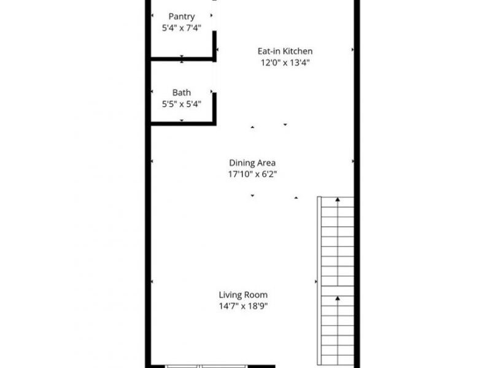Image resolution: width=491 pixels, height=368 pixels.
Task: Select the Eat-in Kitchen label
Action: click(285, 51)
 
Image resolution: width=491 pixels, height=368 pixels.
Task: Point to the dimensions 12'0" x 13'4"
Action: click(285, 63)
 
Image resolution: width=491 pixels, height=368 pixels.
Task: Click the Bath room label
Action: click(181, 93)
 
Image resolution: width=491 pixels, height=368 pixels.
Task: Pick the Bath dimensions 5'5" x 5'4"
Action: click(181, 104)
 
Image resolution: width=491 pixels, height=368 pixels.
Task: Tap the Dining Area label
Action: click(252, 163)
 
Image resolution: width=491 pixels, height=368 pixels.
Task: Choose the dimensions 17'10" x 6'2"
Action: click(252, 174)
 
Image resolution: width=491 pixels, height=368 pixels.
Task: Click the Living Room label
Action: click(244, 294)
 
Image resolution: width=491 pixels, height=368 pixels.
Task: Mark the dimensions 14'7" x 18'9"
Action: click(244, 306)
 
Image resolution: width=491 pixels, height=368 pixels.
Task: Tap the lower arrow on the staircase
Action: click(338, 299)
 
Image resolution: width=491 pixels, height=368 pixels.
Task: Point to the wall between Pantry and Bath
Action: click(182, 59)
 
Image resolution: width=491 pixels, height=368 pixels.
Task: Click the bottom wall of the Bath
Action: click(182, 123)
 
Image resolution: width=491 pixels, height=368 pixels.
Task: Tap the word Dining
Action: click(242, 163)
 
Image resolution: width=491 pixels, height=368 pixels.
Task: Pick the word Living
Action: click(231, 294)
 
